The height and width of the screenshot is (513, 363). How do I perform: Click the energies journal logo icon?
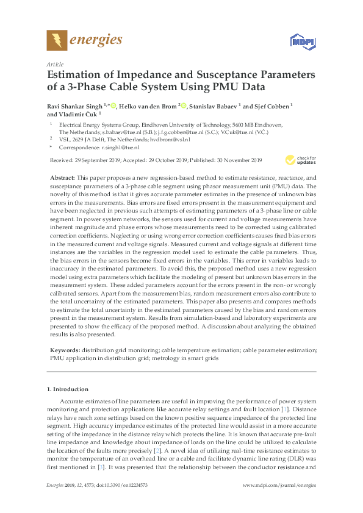coord(57,40)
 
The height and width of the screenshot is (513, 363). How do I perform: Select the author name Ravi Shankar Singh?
coord(75,105)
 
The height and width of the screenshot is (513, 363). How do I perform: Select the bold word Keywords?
coord(64,350)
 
